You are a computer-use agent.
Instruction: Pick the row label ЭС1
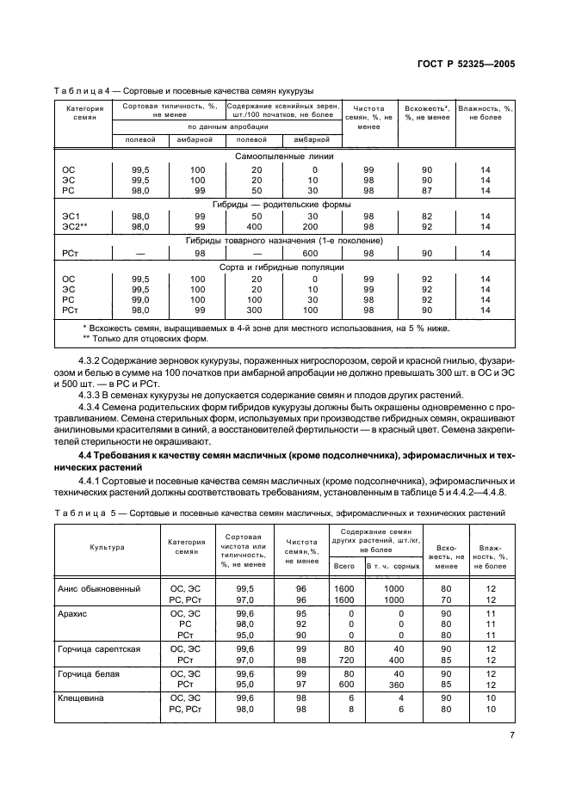[71, 216]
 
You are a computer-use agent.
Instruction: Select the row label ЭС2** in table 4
[75, 226]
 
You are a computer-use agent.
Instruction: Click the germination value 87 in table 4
[426, 191]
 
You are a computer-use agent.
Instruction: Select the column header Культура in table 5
[108, 546]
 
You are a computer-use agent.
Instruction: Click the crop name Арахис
[74, 614]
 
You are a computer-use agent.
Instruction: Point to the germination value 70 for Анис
[446, 599]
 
